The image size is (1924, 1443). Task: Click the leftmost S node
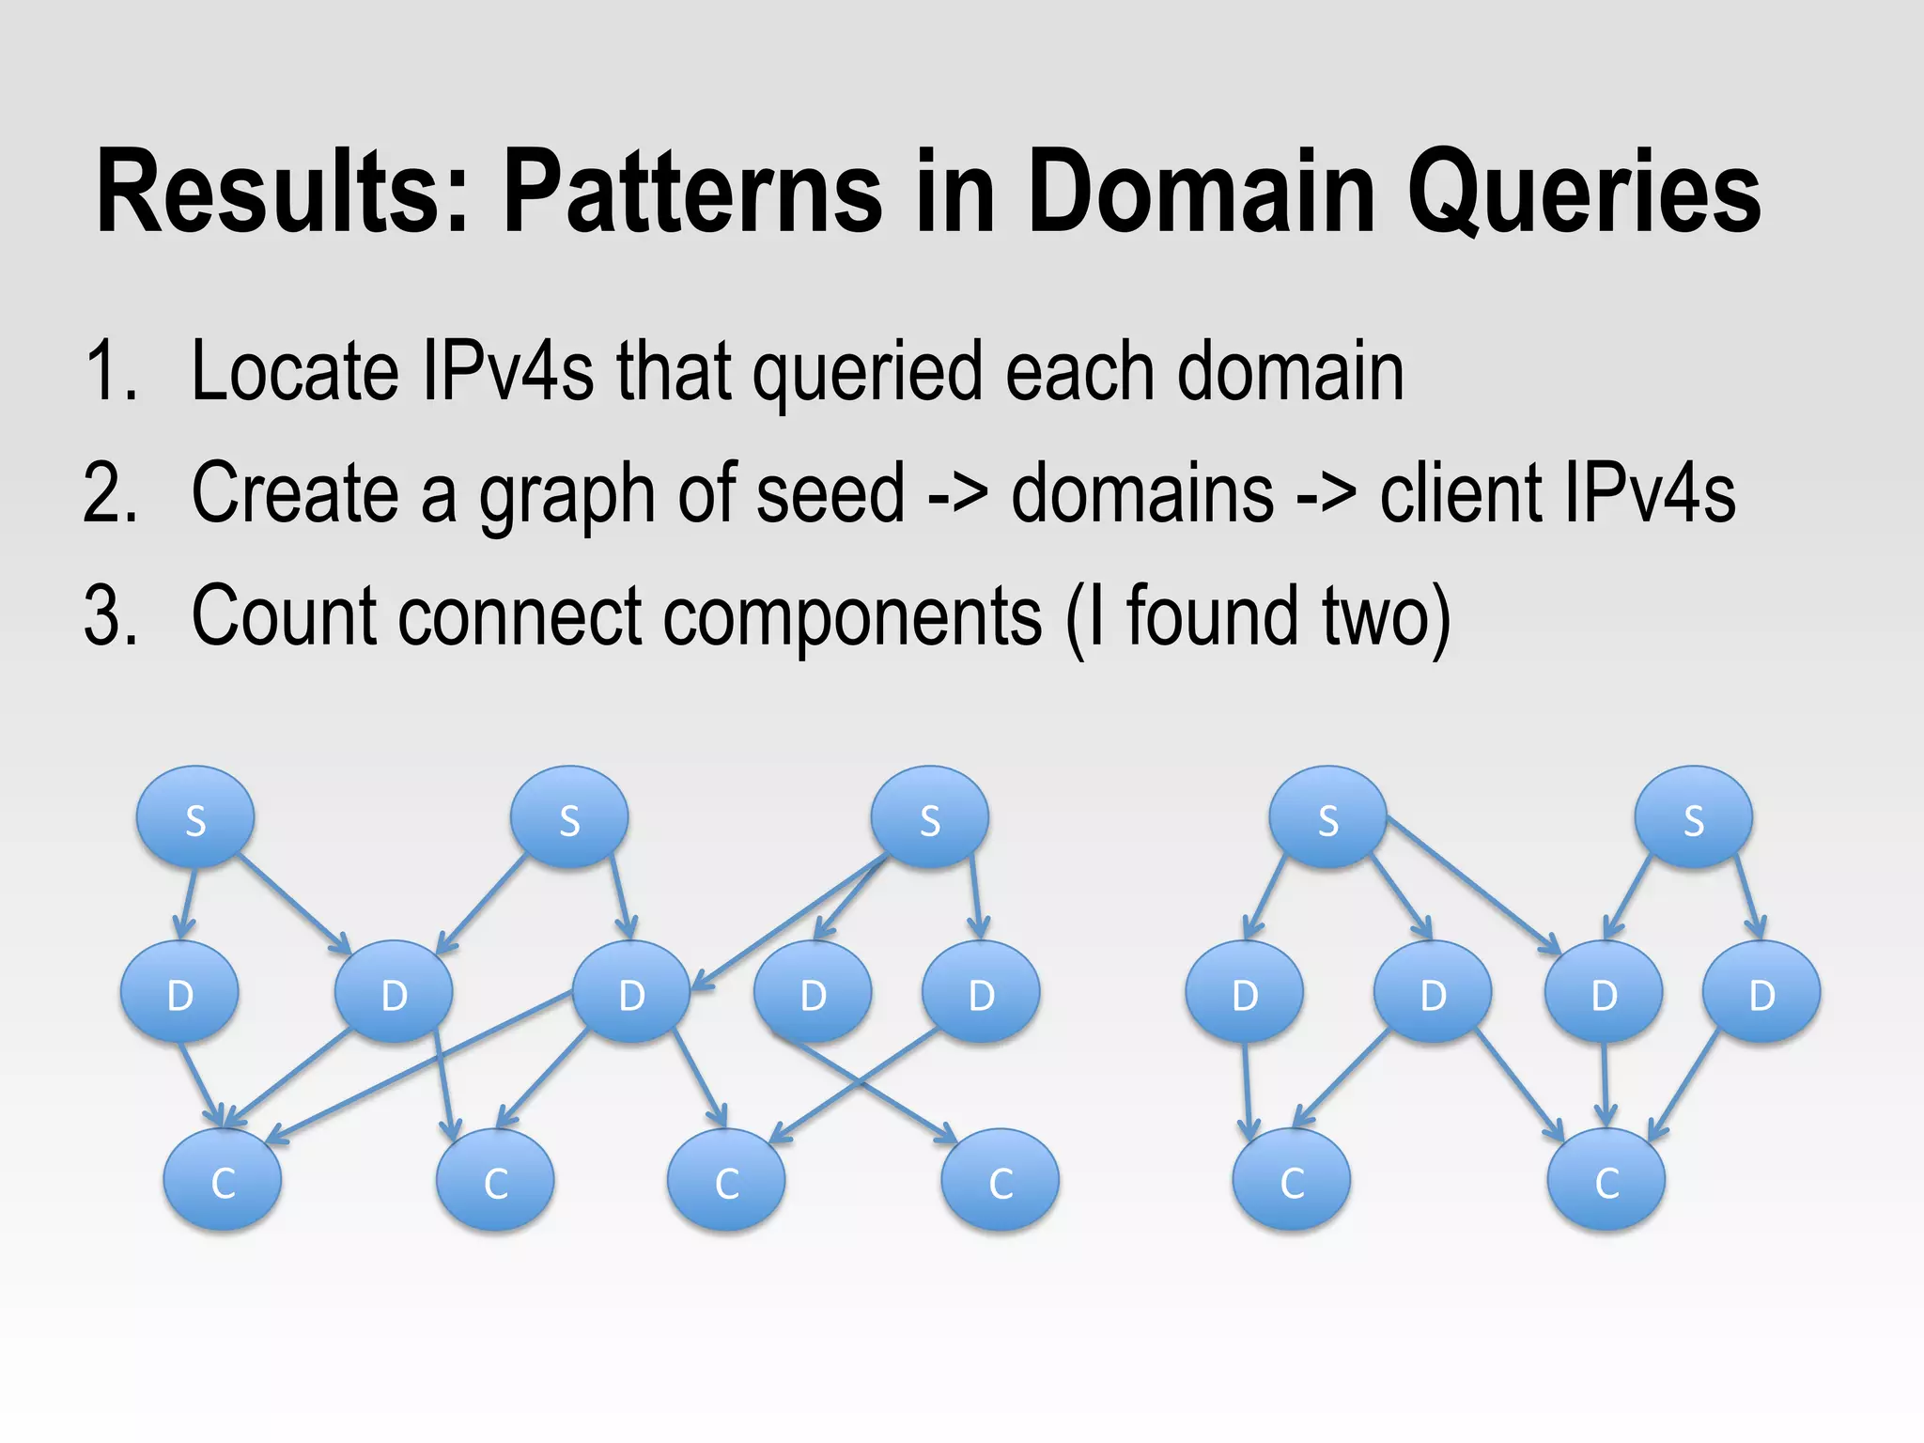[195, 818]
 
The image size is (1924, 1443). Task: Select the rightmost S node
[1693, 818]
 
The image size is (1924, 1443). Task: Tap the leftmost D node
[179, 993]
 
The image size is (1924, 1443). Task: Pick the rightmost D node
[1761, 993]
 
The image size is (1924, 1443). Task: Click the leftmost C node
[223, 1181]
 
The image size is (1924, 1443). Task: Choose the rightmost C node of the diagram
[1606, 1181]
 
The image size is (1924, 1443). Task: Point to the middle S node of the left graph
[569, 818]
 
